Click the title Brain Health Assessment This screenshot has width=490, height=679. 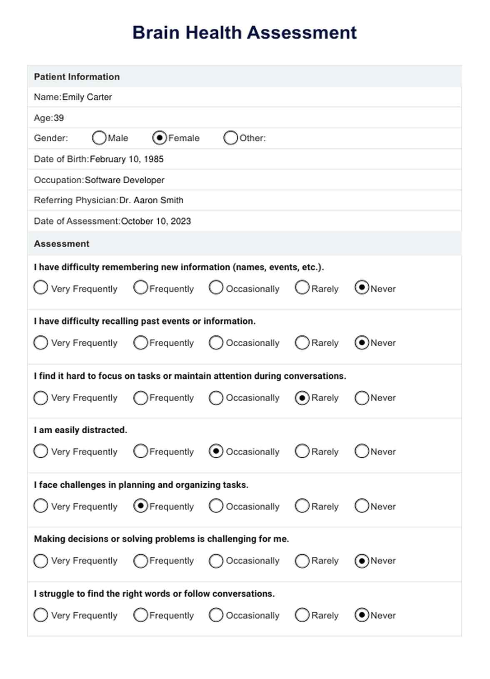[x=245, y=33]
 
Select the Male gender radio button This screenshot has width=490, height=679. [x=99, y=138]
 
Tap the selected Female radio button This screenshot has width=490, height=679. [x=160, y=138]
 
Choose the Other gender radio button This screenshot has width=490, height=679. [x=230, y=138]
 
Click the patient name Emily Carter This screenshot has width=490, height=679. [x=87, y=97]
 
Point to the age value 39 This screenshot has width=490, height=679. [x=59, y=118]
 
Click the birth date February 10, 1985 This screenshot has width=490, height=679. [x=127, y=159]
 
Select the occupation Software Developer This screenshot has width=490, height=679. [x=125, y=180]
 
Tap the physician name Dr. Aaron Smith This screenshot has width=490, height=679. [x=151, y=200]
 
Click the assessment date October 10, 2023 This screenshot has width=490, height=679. [x=156, y=221]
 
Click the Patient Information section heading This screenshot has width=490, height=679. [x=77, y=77]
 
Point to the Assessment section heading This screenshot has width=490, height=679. [x=62, y=244]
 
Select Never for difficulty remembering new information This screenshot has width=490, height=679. [x=362, y=288]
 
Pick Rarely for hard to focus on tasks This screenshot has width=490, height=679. [x=302, y=398]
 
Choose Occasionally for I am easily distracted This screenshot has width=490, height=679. [x=216, y=452]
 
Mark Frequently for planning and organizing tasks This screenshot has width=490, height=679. [x=141, y=506]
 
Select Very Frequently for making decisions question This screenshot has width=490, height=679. [x=40, y=561]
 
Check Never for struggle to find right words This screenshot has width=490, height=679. [x=362, y=615]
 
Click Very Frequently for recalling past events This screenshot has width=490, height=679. [x=40, y=343]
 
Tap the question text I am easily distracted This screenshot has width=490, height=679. [x=80, y=430]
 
